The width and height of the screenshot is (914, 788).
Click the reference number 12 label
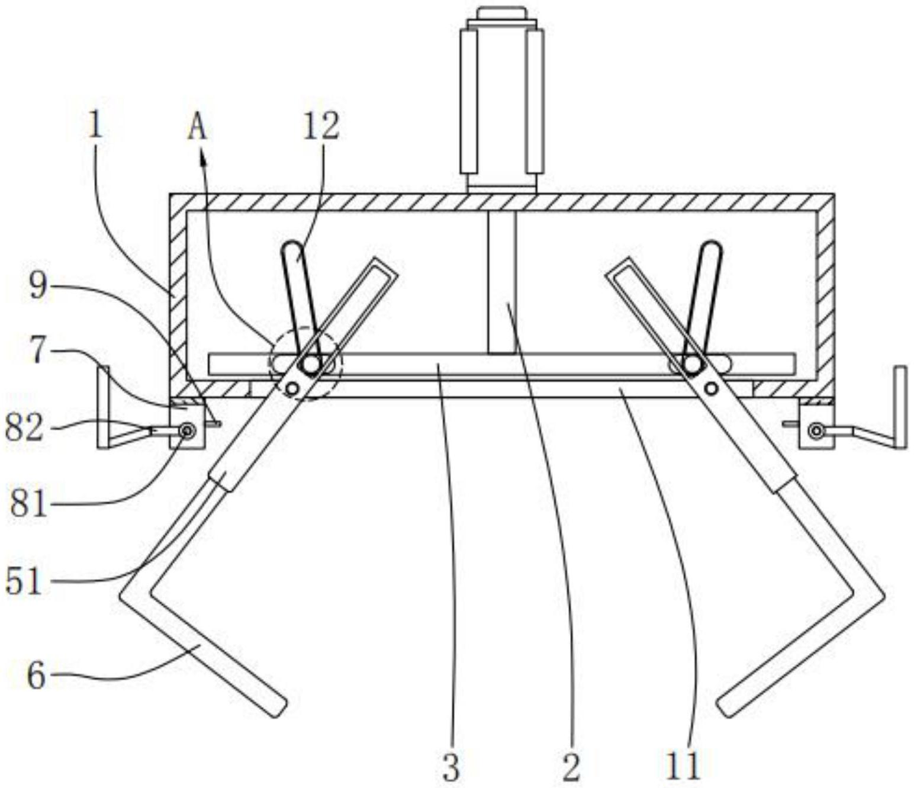click(321, 127)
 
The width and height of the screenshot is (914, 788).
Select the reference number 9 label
click(38, 286)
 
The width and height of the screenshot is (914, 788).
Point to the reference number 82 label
click(24, 429)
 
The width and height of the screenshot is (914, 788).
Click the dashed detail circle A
click(305, 364)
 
